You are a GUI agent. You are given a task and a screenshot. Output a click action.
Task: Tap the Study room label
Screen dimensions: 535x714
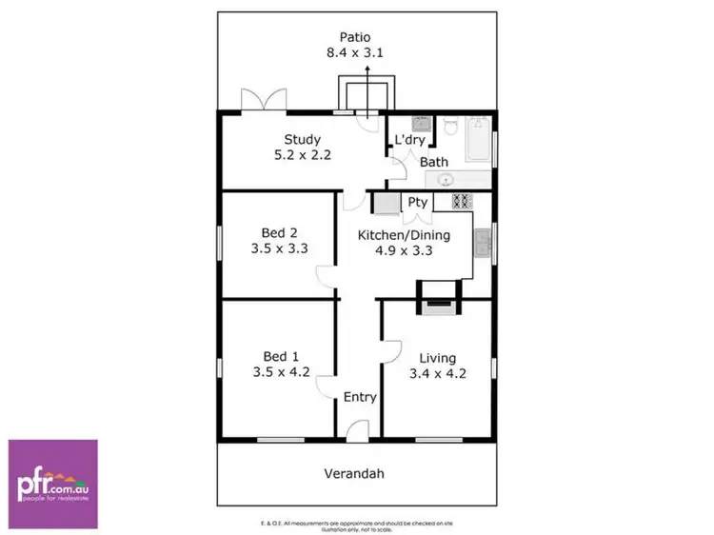coord(303,139)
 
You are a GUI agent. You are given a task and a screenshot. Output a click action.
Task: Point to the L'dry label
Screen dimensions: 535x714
coord(409,140)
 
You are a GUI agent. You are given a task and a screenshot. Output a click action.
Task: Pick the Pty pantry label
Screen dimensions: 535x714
coord(417,202)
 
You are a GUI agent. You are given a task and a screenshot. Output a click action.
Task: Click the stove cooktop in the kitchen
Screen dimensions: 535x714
coord(462,201)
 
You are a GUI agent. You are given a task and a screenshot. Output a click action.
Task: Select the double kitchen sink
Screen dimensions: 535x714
coord(483,246)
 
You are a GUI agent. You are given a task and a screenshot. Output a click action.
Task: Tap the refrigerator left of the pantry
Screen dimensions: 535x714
coord(386,202)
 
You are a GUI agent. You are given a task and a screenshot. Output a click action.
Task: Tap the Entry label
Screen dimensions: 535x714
coord(360,397)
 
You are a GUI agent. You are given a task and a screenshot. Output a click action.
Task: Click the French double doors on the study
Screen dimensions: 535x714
coord(264,100)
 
